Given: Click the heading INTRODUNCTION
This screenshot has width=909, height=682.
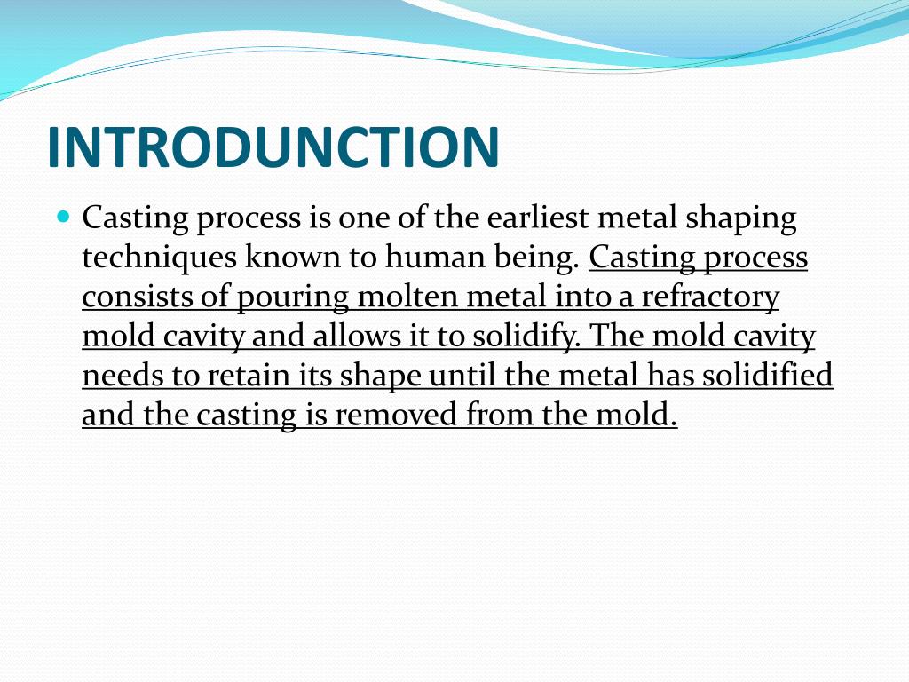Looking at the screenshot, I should point(273,147).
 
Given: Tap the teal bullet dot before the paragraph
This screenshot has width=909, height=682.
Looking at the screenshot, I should point(63,216).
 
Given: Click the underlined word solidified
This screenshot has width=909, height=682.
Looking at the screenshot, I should point(768,376).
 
